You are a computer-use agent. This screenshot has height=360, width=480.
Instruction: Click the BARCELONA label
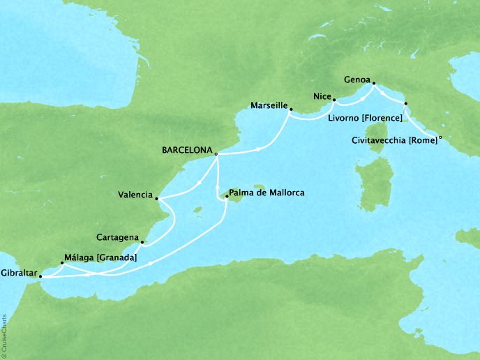[x=186, y=149]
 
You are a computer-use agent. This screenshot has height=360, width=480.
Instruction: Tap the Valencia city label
[x=135, y=195]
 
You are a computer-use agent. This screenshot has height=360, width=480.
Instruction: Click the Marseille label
[x=269, y=105]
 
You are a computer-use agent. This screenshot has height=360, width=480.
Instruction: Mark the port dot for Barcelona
[x=216, y=154]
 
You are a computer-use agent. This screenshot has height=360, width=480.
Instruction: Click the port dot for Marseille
[x=290, y=110]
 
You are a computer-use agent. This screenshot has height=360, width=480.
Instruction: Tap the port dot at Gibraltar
[x=40, y=276]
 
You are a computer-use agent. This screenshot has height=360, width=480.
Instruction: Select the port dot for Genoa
[x=373, y=84]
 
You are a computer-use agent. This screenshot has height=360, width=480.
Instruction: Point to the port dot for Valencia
[x=156, y=198]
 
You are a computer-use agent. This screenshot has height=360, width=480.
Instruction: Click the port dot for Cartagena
[x=142, y=242]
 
